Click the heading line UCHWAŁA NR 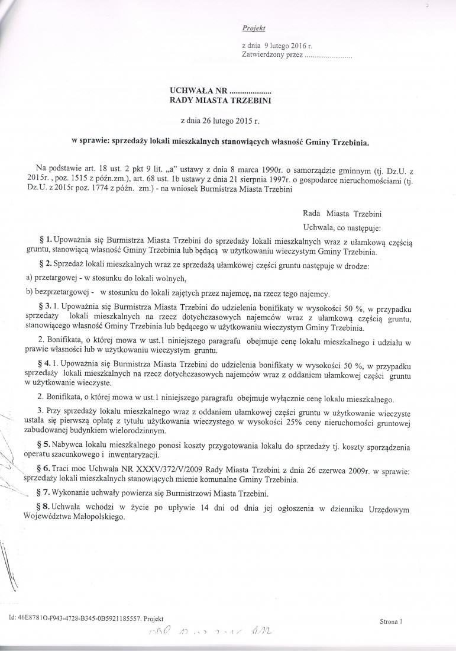[x=220, y=91]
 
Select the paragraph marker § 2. [x=46, y=266]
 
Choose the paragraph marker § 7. [x=46, y=493]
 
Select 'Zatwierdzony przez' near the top [x=272, y=55]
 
